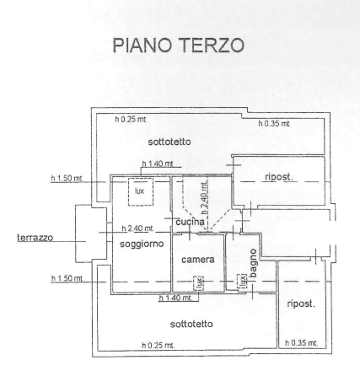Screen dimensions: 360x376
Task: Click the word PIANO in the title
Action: (x=142, y=45)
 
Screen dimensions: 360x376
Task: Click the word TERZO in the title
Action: (x=211, y=45)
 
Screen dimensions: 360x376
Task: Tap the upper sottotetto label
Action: (x=169, y=142)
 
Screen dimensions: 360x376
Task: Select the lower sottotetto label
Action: (x=191, y=325)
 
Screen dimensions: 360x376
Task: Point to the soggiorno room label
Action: (x=142, y=244)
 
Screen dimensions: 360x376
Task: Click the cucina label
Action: (x=191, y=222)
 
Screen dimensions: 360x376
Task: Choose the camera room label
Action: (x=198, y=260)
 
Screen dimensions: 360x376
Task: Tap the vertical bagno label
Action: (x=253, y=263)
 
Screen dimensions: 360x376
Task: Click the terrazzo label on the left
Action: (x=35, y=238)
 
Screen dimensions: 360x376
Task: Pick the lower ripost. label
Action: (x=301, y=303)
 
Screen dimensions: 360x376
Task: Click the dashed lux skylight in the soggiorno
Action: (x=141, y=192)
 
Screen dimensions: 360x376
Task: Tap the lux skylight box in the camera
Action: (x=199, y=283)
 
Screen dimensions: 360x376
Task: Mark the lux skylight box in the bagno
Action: (x=242, y=282)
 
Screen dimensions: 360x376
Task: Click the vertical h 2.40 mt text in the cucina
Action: (x=205, y=197)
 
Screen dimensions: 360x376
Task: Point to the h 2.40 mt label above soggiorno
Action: (x=137, y=228)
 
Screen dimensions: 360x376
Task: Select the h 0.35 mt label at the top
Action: (x=274, y=123)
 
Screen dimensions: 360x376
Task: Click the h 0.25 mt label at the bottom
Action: (x=159, y=345)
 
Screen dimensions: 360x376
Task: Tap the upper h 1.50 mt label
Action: (x=67, y=179)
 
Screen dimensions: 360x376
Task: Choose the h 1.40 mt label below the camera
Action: (x=175, y=298)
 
